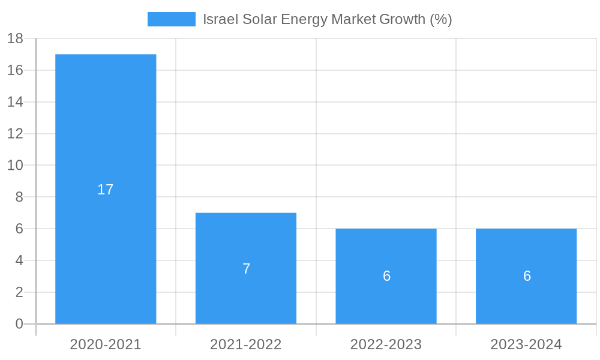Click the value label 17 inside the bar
coord(106,190)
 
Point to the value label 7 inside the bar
coord(246,269)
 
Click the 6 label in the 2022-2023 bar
coord(386,276)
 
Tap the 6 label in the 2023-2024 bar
coord(527,276)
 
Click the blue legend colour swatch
coord(172,19)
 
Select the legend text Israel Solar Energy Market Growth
coord(327,19)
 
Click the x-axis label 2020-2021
coord(106,344)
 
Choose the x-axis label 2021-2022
coord(246,344)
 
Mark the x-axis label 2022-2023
coord(386,344)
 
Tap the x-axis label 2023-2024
coord(526,344)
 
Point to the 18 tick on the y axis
coord(15,38)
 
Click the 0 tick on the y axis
coord(19,324)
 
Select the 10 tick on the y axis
coord(15,165)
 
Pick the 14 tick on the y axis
coord(15,102)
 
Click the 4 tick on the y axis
coord(19,260)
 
